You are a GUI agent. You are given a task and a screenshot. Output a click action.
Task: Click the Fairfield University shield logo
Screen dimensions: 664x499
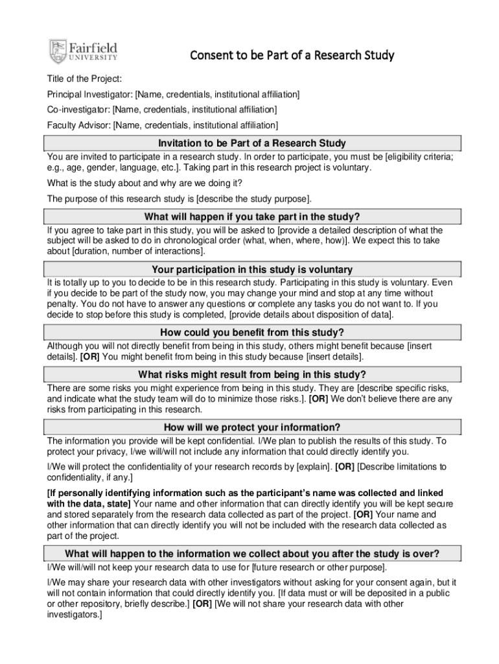(x=58, y=51)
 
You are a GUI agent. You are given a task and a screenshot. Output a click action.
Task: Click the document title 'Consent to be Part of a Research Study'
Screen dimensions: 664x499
(x=291, y=55)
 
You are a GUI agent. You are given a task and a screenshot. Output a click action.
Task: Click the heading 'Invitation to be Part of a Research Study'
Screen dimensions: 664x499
(x=252, y=143)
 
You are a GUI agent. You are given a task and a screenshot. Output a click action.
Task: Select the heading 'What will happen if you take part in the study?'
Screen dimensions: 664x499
(x=252, y=217)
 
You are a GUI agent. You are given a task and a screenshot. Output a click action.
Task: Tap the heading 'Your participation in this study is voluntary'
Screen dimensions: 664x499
(x=252, y=269)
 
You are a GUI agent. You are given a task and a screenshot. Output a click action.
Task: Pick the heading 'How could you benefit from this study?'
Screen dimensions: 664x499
(x=252, y=333)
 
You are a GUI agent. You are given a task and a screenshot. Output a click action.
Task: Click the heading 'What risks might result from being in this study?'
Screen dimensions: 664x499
(x=252, y=374)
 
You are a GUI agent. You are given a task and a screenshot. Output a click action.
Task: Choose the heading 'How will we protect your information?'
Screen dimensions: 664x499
(x=252, y=427)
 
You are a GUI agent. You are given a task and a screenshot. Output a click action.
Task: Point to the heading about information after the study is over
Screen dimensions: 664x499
(x=252, y=553)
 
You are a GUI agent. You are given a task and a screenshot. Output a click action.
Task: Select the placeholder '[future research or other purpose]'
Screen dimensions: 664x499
(x=312, y=568)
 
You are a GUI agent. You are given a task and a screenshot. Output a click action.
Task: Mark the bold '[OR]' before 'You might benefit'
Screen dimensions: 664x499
(x=90, y=357)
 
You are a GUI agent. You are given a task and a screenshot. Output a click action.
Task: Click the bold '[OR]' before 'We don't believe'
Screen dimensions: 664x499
(x=318, y=399)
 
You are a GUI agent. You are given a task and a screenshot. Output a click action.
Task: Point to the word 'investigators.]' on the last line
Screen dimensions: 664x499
(x=75, y=615)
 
